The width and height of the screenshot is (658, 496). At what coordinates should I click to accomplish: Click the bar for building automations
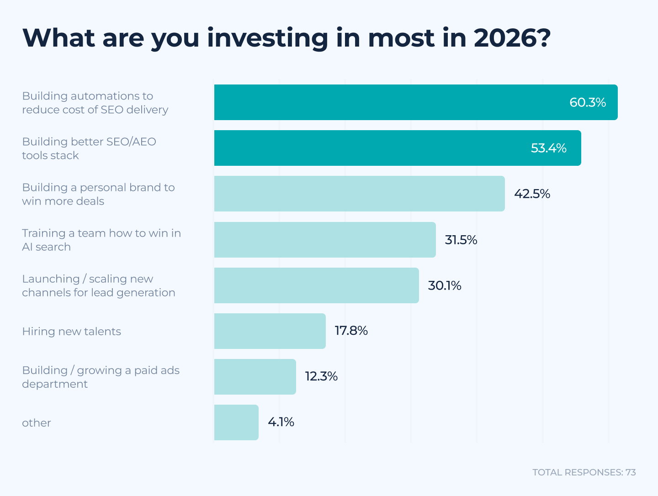tap(388, 102)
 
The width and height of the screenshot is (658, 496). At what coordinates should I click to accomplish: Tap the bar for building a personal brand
tap(359, 194)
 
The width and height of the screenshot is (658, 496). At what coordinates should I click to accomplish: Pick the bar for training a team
tap(324, 240)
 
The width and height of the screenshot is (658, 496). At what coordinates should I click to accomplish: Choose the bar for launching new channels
tap(316, 285)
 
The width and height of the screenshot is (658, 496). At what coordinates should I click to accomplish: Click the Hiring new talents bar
tap(270, 331)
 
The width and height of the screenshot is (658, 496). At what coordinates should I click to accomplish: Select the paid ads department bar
tap(255, 377)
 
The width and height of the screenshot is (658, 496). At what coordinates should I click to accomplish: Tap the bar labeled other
tap(236, 422)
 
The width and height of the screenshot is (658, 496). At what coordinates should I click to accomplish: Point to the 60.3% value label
tap(588, 102)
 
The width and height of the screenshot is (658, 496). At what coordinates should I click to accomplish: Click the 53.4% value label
tap(548, 148)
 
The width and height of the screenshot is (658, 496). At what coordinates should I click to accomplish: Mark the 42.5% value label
tap(532, 194)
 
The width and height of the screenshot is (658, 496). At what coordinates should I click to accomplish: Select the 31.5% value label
tap(461, 240)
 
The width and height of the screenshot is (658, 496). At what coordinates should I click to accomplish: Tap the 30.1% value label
tap(445, 285)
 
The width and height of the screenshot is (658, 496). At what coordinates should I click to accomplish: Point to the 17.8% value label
tap(351, 330)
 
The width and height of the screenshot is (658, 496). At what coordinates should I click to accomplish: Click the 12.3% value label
tap(321, 376)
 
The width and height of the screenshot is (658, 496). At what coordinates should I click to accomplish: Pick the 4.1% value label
tap(281, 422)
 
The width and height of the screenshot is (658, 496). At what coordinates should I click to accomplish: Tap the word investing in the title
tap(267, 38)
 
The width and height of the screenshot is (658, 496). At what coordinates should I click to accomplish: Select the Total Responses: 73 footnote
tap(584, 472)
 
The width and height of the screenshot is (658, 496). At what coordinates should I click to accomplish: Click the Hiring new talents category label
tap(72, 331)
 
